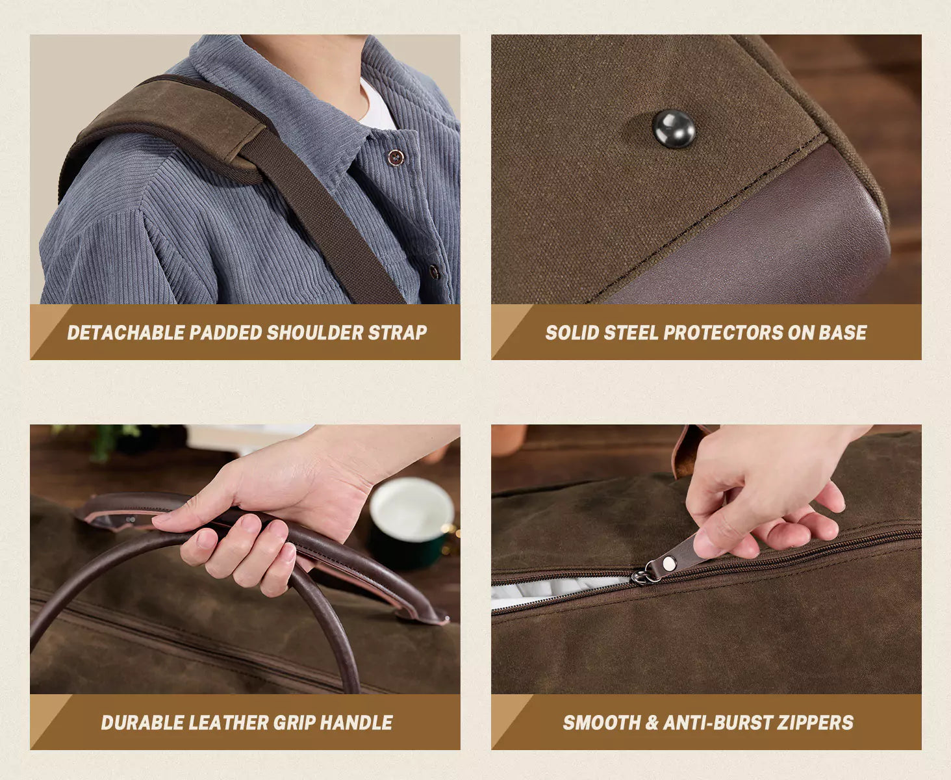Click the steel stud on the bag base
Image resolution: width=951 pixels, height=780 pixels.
674,129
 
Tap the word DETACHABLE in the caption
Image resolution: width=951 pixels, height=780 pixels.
125,333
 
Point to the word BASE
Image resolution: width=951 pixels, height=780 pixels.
843,333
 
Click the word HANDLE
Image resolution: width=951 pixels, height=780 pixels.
356,723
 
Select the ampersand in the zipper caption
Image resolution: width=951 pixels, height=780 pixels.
652,723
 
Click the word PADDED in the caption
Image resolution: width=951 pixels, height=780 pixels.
225,333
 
